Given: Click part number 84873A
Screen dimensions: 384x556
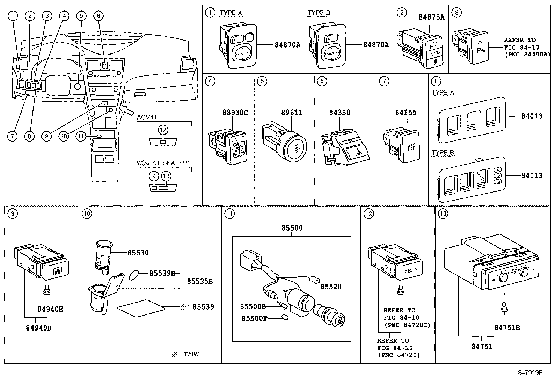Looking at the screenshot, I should tap(431, 17).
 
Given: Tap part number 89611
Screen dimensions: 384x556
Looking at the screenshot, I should tap(292, 113).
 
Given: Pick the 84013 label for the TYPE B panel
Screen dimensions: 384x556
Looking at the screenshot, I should tap(532, 175).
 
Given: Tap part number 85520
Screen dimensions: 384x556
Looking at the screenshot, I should tap(331, 287).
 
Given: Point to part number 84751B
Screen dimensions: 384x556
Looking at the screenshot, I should tap(507, 327).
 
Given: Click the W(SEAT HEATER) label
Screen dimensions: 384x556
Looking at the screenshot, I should tap(163, 163).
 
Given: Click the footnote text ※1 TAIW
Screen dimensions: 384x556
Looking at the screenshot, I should tap(185, 354).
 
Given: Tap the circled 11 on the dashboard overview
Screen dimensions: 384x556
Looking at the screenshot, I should tap(81, 136).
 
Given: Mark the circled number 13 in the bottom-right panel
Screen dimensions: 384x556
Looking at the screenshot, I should tap(442, 213).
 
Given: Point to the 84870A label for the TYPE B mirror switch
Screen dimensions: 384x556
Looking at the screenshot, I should tap(376, 45).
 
